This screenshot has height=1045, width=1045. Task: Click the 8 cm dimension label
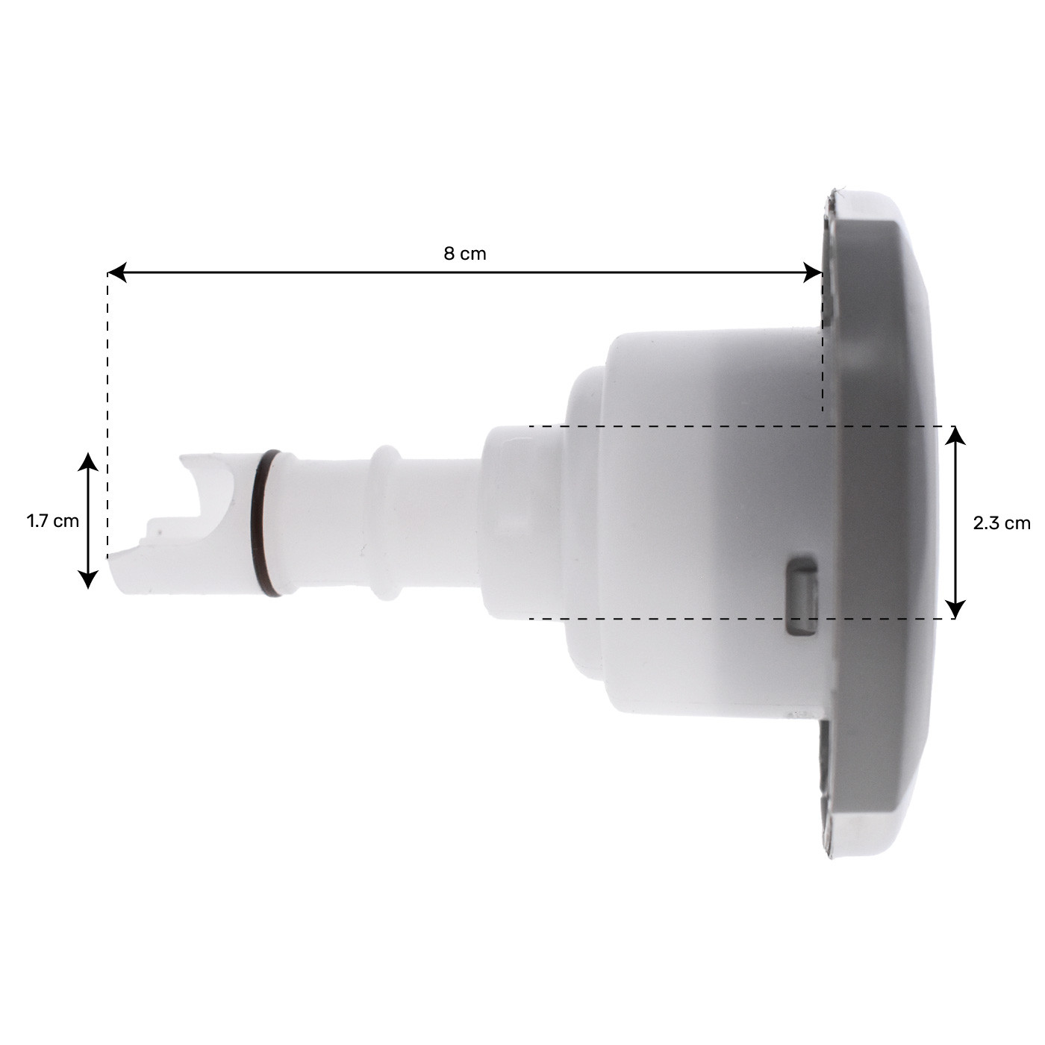point(464,254)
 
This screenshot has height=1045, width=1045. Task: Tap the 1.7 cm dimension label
point(52,521)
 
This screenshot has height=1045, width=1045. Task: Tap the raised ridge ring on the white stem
point(386,522)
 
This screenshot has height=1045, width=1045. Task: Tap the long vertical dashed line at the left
point(108,411)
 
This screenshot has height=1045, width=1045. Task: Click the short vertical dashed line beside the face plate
point(823,351)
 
